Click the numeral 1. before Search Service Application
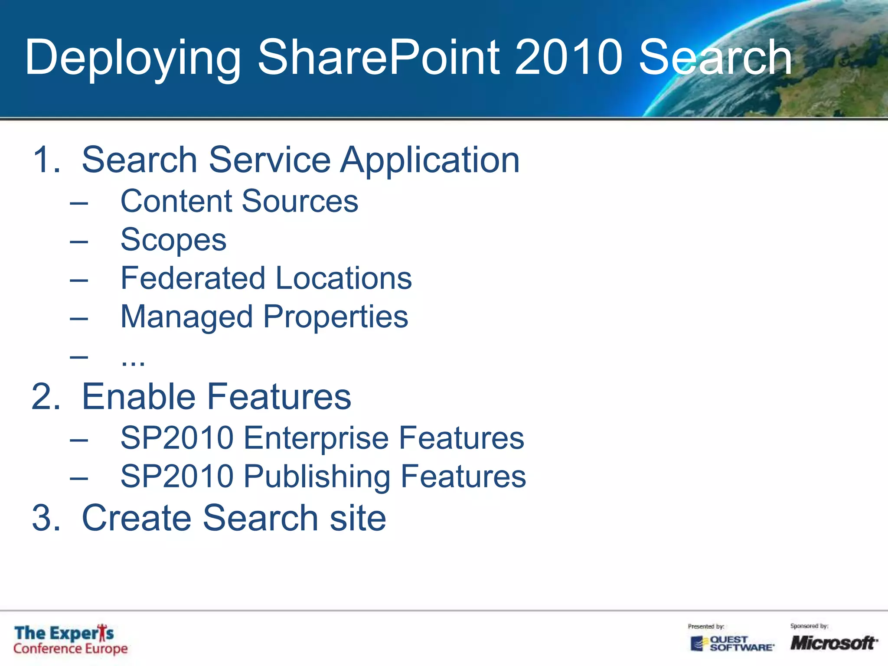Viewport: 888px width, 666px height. [46, 160]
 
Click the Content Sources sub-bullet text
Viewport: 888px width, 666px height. [239, 202]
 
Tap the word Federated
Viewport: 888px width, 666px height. [193, 278]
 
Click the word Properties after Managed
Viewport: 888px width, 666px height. [336, 317]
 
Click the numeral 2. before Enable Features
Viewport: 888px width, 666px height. [46, 397]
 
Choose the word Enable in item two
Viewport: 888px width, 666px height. [138, 397]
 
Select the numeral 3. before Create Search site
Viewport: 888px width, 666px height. [46, 518]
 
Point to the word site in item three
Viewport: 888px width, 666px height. [357, 518]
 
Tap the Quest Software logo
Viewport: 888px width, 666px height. [732, 643]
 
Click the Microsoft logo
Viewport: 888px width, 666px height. [832, 643]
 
